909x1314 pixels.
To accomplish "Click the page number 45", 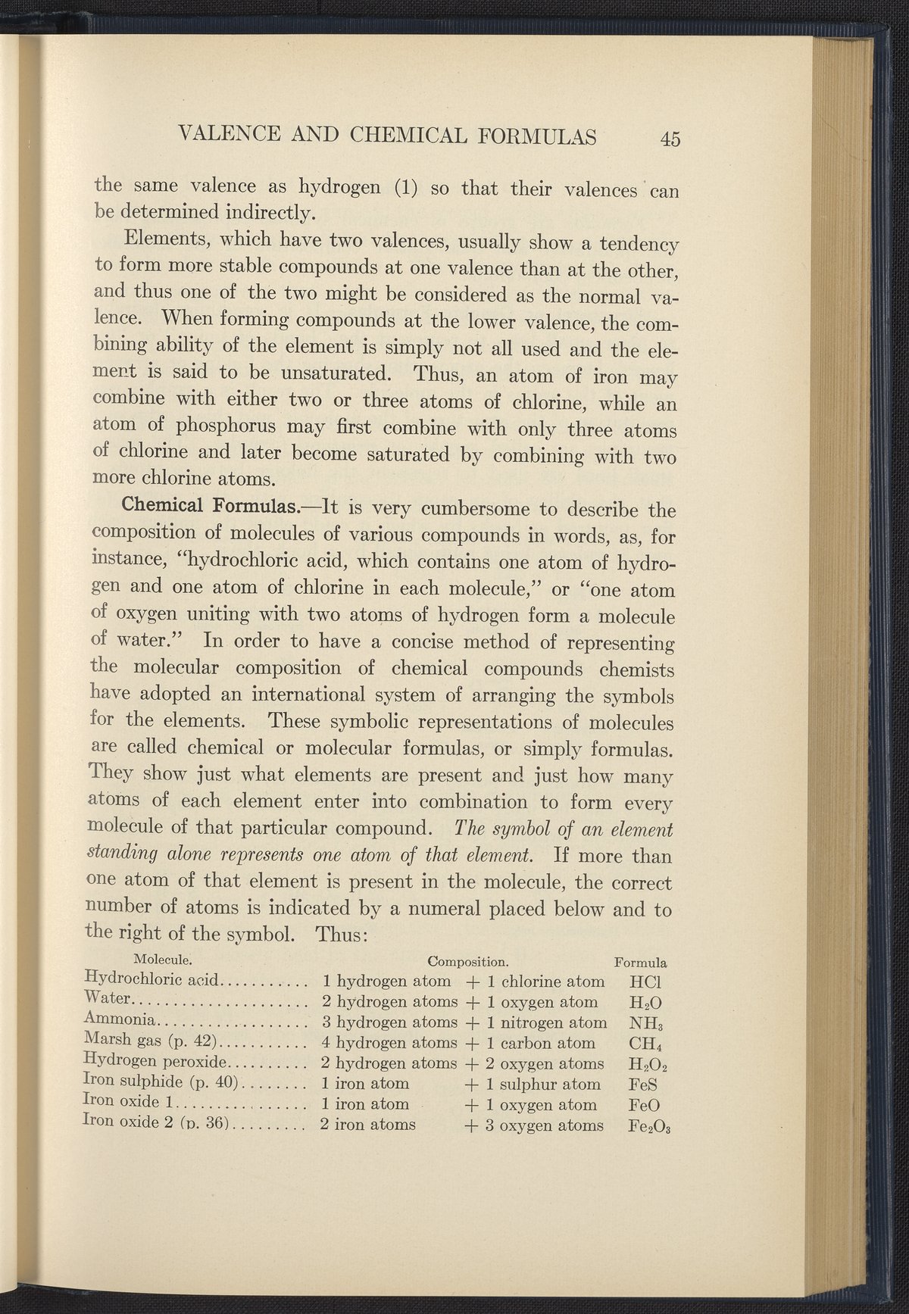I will (x=671, y=139).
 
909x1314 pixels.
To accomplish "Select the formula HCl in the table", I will (x=646, y=982).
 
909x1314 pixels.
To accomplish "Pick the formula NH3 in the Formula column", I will (x=647, y=1023).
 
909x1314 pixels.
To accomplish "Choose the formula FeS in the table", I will (x=642, y=1085).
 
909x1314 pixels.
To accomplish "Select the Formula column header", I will (x=641, y=963).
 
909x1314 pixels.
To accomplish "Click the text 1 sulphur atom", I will (x=543, y=1085).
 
